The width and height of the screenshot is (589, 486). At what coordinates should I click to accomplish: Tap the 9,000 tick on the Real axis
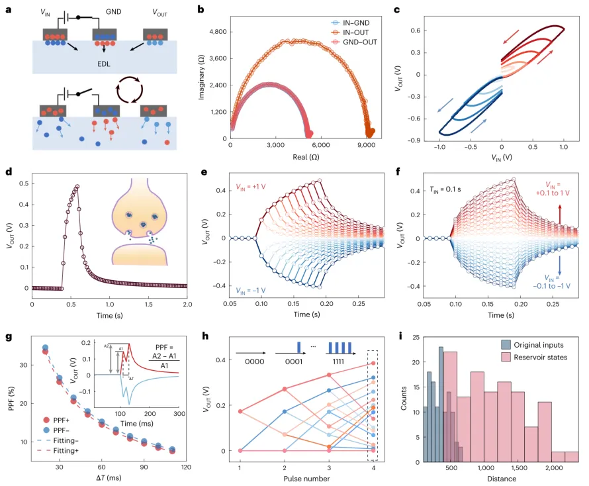(x=366, y=144)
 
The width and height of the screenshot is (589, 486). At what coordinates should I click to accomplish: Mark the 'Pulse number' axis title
(x=308, y=477)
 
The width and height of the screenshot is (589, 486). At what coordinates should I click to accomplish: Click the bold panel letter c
(x=416, y=10)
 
